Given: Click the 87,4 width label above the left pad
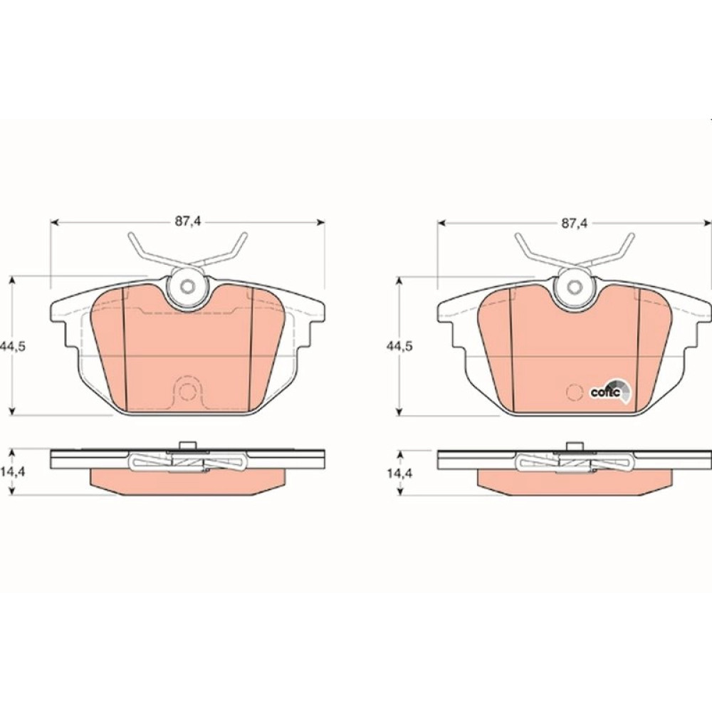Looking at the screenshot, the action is coord(188,222).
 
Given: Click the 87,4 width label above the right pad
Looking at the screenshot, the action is coord(575,223).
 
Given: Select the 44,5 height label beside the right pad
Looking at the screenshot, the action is coord(399,347).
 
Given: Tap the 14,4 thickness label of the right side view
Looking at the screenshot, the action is coord(399,473).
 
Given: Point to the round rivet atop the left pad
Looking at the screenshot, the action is coord(187,286).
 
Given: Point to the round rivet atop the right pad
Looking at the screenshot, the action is coord(575,286).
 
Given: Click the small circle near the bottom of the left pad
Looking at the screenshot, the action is coord(187,391).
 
